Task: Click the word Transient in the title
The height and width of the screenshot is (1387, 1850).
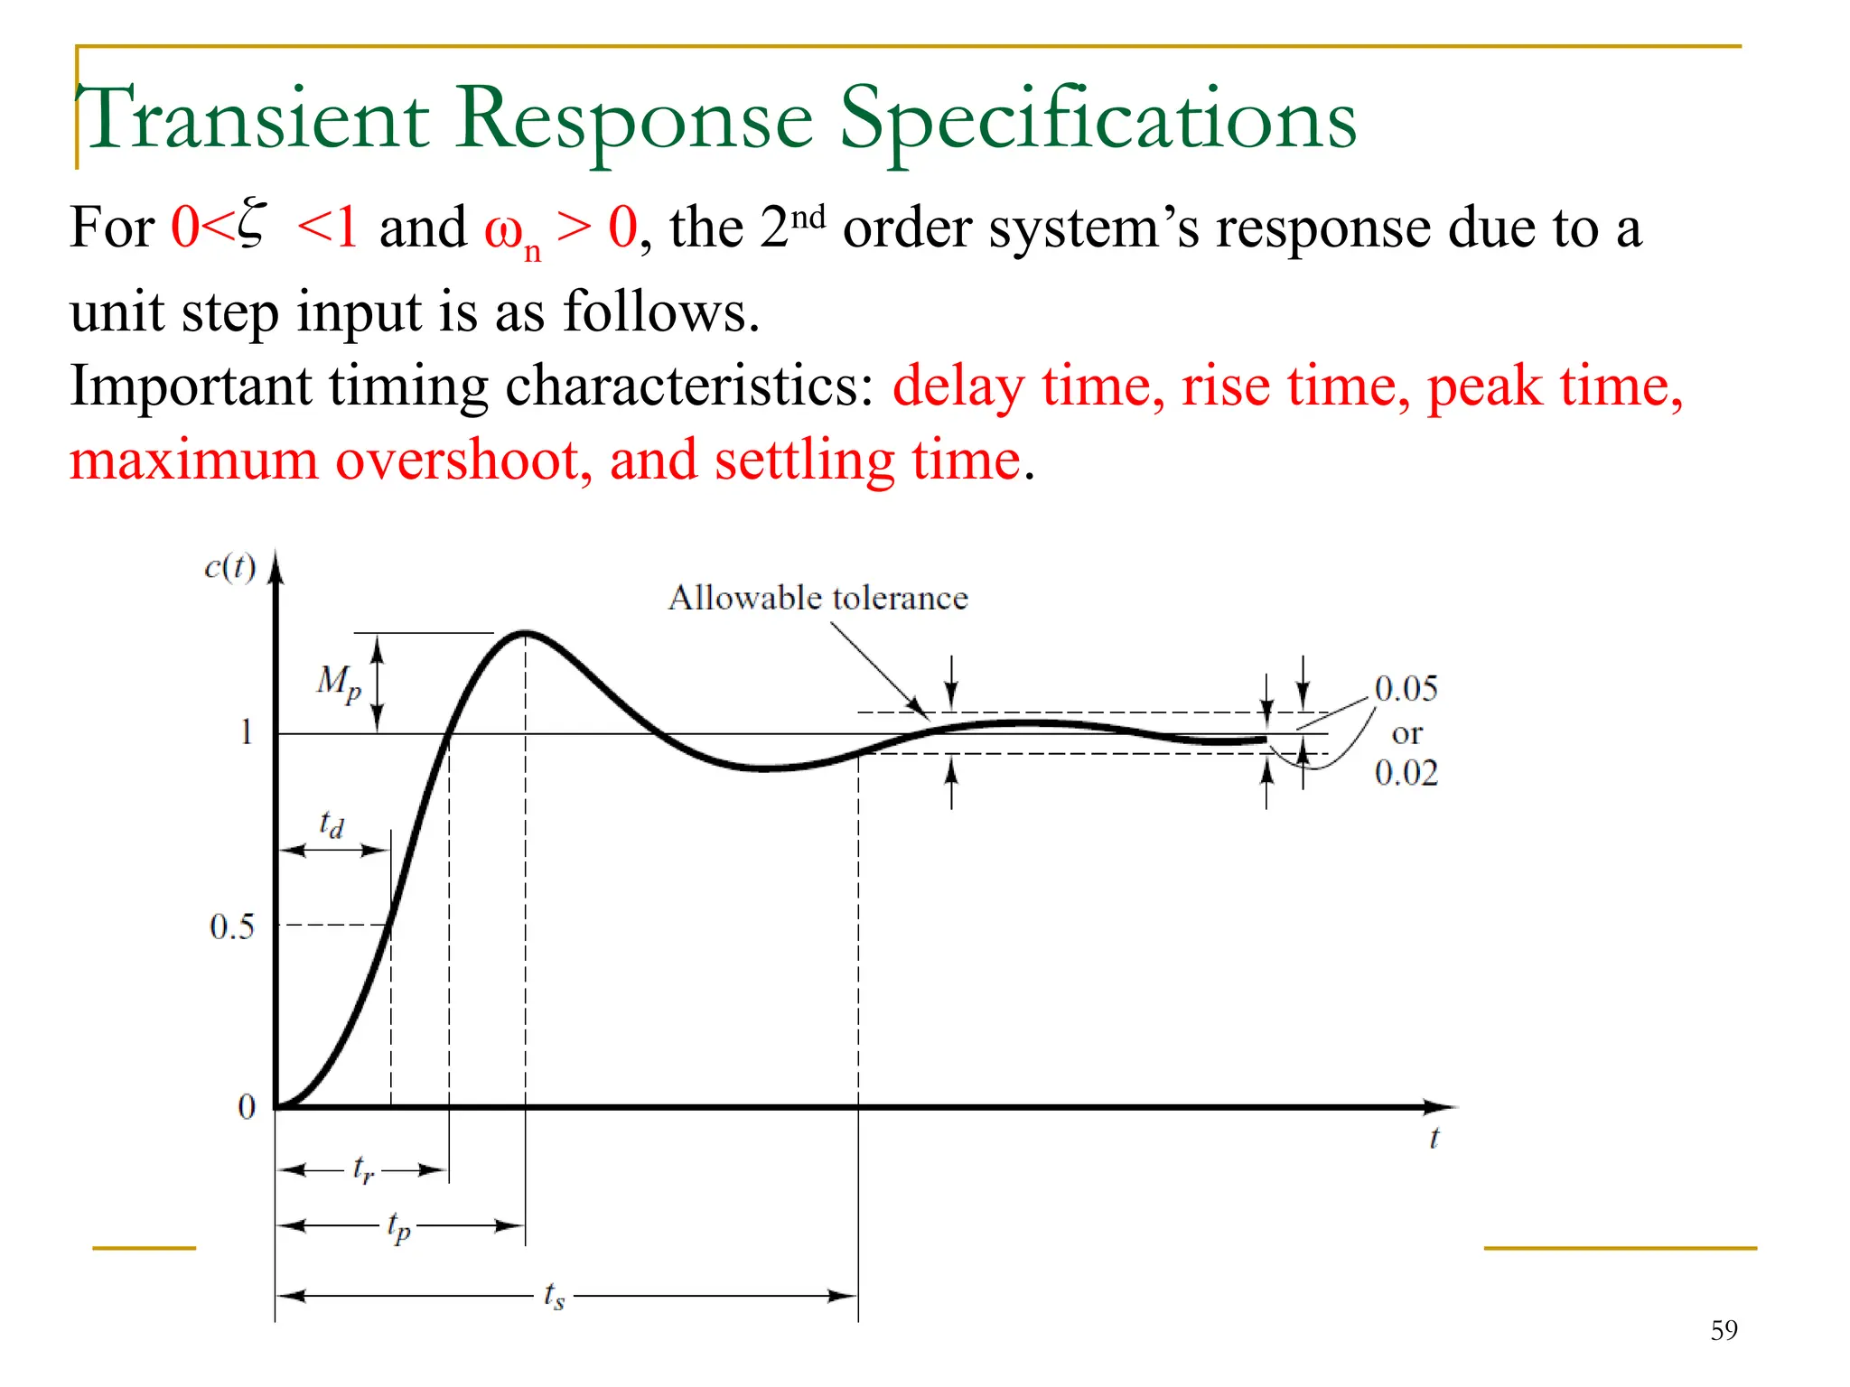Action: tap(257, 119)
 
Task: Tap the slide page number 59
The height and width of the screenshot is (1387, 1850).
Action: tap(1724, 1330)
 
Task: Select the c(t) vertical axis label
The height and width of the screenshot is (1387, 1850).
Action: tap(230, 567)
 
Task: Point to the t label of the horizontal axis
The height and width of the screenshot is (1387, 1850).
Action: tap(1434, 1139)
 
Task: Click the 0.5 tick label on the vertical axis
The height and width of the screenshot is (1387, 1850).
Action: tap(232, 926)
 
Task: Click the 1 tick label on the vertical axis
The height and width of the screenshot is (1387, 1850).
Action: tap(246, 731)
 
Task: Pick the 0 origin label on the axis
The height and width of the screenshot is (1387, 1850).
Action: tap(247, 1107)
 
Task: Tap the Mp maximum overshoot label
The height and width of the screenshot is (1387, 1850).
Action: tap(339, 682)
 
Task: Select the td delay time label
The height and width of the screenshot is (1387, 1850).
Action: tap(332, 824)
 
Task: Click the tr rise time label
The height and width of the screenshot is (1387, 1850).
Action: tap(363, 1169)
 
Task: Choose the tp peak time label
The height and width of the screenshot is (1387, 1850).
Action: tap(398, 1227)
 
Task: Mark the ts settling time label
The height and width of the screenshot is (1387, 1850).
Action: tap(554, 1296)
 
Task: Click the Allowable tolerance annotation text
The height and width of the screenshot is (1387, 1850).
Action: tap(818, 598)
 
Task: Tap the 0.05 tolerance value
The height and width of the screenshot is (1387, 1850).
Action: tap(1406, 689)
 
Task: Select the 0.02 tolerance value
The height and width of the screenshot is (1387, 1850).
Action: tap(1406, 773)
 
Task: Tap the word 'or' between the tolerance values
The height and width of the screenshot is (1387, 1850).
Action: tap(1406, 733)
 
